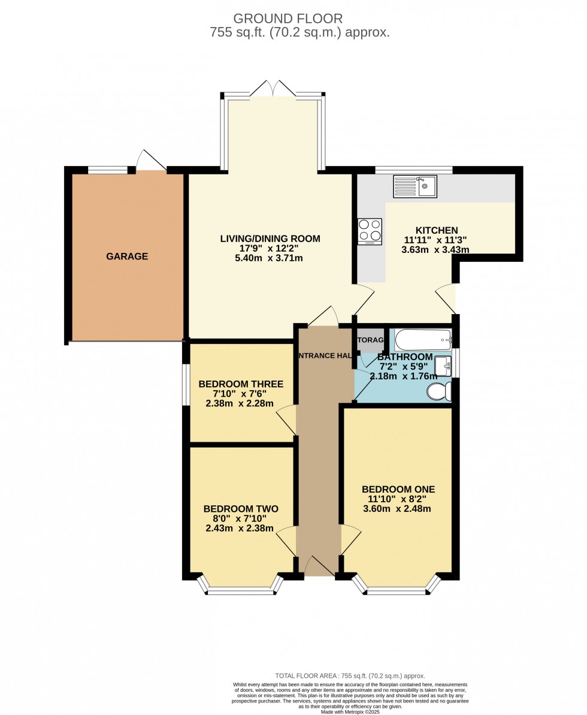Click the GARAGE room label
[127, 257]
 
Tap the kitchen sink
[415, 186]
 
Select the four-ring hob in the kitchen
[370, 231]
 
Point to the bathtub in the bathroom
[423, 339]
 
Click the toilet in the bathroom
[440, 391]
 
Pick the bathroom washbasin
[443, 365]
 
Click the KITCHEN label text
[437, 230]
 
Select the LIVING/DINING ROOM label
[270, 239]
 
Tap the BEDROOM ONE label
[398, 489]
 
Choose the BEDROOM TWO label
[240, 509]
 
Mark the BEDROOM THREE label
[241, 384]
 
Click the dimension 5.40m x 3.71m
[270, 258]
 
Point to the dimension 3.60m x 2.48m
[397, 509]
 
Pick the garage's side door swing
[150, 159]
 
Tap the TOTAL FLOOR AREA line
[350, 675]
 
